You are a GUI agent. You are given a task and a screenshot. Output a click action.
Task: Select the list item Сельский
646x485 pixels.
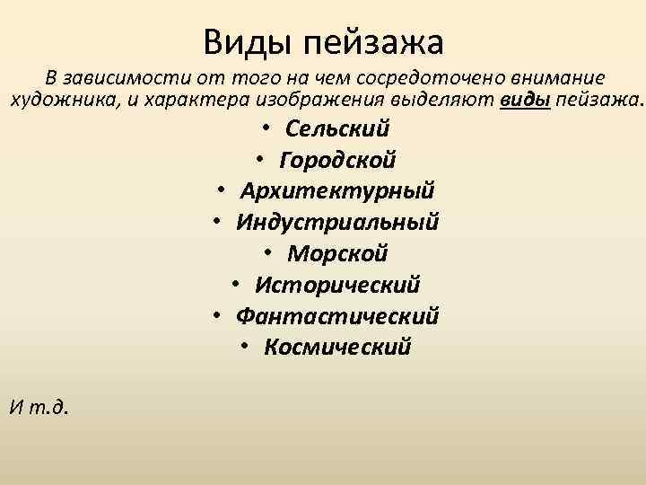[337, 128]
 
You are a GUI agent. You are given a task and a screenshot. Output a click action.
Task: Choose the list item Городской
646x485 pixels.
[337, 160]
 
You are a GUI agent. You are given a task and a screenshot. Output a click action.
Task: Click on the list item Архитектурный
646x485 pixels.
[337, 191]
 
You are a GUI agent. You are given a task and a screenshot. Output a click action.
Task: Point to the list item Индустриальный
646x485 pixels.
[337, 222]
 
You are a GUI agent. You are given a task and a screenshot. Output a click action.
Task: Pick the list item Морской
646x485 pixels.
[337, 253]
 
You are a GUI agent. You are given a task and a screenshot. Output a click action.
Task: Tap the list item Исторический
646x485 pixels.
[337, 285]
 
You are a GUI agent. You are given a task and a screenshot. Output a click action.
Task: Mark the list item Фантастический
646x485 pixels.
[337, 316]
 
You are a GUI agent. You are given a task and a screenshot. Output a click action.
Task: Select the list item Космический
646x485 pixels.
[337, 347]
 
